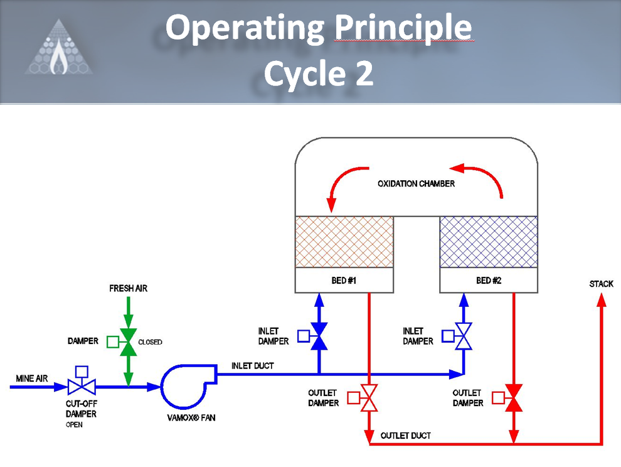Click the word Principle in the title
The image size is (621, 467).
tap(403, 28)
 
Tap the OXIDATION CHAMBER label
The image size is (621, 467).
tap(416, 184)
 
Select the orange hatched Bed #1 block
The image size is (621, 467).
tap(344, 242)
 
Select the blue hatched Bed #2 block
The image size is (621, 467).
tap(488, 242)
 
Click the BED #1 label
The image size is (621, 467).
tap(344, 281)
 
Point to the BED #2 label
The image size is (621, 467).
tap(489, 281)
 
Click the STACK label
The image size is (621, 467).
tap(601, 284)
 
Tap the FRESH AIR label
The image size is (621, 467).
tap(129, 289)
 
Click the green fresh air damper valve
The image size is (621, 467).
tap(129, 342)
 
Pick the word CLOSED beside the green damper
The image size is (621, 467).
tap(150, 343)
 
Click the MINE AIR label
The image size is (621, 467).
tap(32, 379)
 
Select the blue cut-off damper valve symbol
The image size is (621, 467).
tap(82, 387)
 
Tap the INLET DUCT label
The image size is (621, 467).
tap(253, 366)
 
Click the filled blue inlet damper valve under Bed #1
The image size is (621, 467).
tap(319, 336)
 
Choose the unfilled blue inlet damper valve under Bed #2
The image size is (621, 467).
tap(464, 336)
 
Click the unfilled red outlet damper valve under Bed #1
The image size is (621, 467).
tap(369, 397)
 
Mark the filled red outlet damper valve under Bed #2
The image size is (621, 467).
tap(514, 397)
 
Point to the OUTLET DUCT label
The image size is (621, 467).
tap(406, 436)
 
